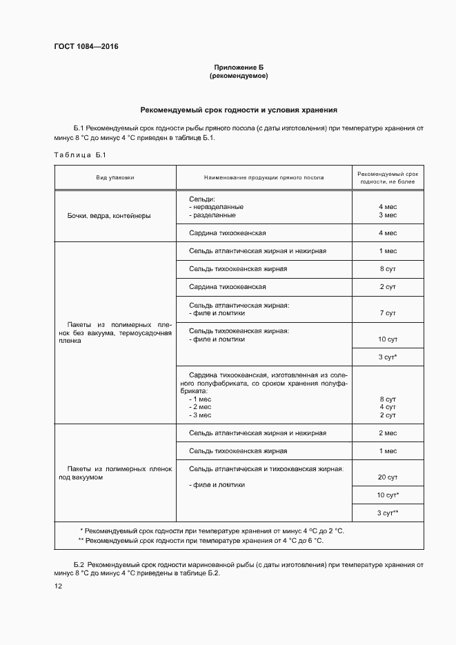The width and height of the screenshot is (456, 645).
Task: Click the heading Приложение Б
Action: [x=239, y=67]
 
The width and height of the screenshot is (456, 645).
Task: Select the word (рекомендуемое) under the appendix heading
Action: [x=239, y=76]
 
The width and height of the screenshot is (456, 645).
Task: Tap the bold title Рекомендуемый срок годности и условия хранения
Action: [x=239, y=109]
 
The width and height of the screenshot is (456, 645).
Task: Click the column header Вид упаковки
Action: [x=115, y=177]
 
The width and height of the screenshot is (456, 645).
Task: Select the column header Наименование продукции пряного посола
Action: [x=264, y=177]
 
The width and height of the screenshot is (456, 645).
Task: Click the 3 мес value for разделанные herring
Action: [x=387, y=215]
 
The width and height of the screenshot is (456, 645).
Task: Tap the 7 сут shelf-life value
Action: [x=387, y=312]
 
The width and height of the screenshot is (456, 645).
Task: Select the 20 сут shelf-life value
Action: [x=387, y=477]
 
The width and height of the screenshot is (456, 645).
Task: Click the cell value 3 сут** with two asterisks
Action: [x=388, y=513]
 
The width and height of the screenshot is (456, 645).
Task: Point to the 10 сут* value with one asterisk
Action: [x=388, y=495]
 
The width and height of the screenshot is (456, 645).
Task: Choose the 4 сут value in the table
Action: [x=387, y=407]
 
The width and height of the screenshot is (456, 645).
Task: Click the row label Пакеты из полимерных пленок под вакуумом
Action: [x=115, y=473]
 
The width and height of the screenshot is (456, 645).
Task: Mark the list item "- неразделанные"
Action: [x=216, y=207]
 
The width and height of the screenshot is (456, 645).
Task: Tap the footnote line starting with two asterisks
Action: [x=200, y=541]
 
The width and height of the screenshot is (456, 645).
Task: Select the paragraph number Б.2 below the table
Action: [x=79, y=565]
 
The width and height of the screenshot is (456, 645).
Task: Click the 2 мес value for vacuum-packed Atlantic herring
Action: [x=387, y=433]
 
